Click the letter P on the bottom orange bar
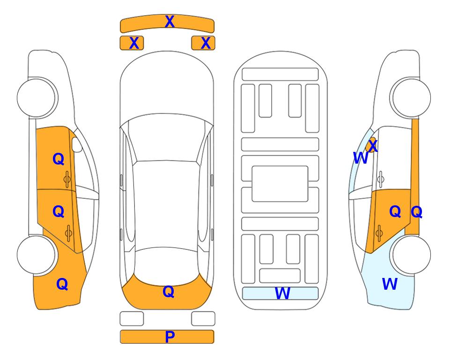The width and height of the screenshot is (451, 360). click(x=170, y=337)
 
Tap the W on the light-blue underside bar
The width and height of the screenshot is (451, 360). click(x=282, y=293)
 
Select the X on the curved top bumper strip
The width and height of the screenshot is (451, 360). click(x=170, y=22)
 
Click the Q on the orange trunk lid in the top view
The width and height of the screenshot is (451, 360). click(x=168, y=292)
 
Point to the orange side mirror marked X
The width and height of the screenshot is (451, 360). click(x=371, y=145)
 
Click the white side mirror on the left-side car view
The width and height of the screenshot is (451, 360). click(x=77, y=144)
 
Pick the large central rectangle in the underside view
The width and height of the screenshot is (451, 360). click(x=280, y=184)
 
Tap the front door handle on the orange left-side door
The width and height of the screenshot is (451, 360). click(x=67, y=180)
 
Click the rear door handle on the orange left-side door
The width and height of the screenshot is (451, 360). click(x=68, y=233)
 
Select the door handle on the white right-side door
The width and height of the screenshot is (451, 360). click(x=380, y=179)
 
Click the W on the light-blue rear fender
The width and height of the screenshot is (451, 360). click(x=390, y=284)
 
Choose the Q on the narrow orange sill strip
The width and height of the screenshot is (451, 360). click(x=416, y=212)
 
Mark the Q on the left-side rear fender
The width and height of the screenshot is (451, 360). click(x=62, y=284)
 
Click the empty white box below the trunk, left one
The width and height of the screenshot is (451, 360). click(x=132, y=319)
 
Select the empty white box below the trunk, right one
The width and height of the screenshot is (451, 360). click(x=203, y=319)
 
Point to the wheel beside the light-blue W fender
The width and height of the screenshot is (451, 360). click(x=410, y=255)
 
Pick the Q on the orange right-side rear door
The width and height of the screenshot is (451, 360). click(x=395, y=212)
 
